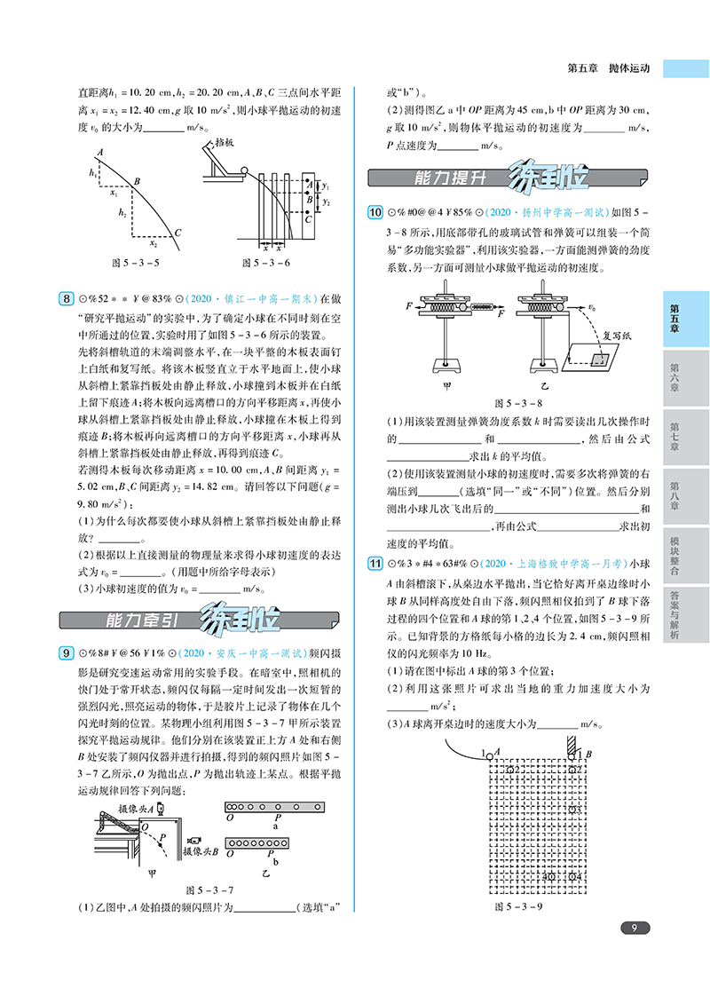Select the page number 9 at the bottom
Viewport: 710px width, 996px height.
point(634,929)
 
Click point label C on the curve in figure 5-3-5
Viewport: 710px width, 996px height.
point(178,233)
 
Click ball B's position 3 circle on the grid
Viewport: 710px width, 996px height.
point(576,810)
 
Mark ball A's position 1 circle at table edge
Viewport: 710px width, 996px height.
point(490,755)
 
